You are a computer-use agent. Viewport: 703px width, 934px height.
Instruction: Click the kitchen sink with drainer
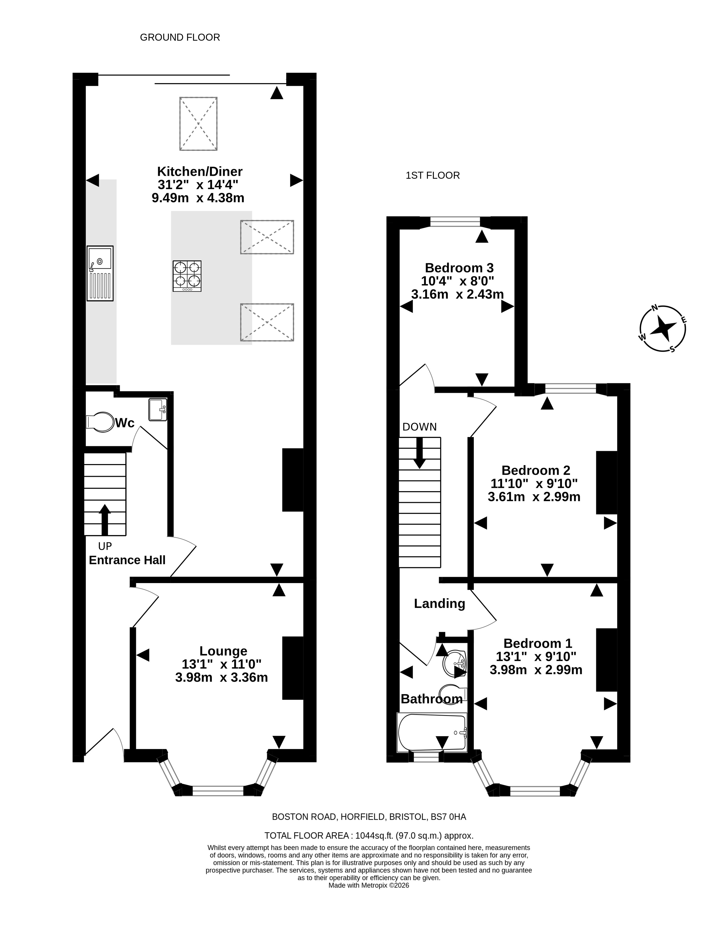(x=100, y=273)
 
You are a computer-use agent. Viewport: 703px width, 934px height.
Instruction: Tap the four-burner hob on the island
(x=187, y=276)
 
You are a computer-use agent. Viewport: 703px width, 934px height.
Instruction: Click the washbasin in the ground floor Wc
(x=158, y=410)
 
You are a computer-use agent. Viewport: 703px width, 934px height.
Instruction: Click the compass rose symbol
(x=662, y=328)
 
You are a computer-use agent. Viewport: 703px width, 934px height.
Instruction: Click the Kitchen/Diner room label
(x=200, y=171)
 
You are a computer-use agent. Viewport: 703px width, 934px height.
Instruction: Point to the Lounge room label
(x=223, y=651)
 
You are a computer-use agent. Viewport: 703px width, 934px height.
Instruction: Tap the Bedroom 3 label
(x=459, y=268)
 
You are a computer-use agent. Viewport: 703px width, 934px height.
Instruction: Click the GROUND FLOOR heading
(x=180, y=38)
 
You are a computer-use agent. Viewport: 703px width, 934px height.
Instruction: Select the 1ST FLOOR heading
(x=433, y=175)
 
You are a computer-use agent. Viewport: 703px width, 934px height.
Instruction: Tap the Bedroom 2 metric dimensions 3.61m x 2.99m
(x=534, y=497)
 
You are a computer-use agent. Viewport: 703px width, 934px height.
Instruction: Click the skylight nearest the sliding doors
(x=198, y=124)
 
